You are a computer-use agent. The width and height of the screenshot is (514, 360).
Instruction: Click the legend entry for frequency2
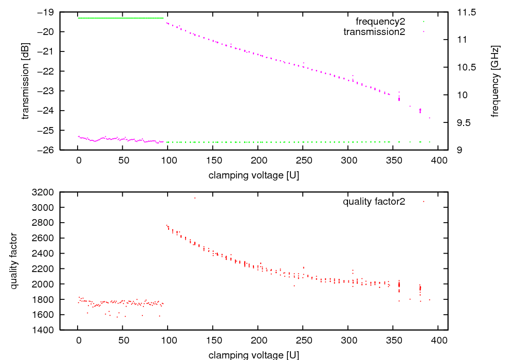pyautogui.click(x=380, y=22)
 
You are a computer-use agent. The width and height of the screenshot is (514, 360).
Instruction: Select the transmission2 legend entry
pyautogui.click(x=374, y=32)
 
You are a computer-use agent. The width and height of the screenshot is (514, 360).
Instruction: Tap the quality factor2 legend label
pyautogui.click(x=374, y=202)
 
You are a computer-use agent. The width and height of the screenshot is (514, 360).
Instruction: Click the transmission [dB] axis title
pyautogui.click(x=25, y=81)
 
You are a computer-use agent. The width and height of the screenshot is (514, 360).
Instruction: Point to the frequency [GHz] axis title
pyautogui.click(x=495, y=81)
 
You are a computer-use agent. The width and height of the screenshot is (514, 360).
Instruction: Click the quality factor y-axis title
pyautogui.click(x=14, y=261)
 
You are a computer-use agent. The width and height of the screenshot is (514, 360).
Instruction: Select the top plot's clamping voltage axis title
pyautogui.click(x=254, y=175)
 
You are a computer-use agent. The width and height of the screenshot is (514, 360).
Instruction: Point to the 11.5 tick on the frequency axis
pyautogui.click(x=465, y=12)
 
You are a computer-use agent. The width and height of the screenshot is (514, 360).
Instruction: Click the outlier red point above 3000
pyautogui.click(x=195, y=198)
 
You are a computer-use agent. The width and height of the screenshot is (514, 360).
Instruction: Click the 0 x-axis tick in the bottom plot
pyautogui.click(x=78, y=340)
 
